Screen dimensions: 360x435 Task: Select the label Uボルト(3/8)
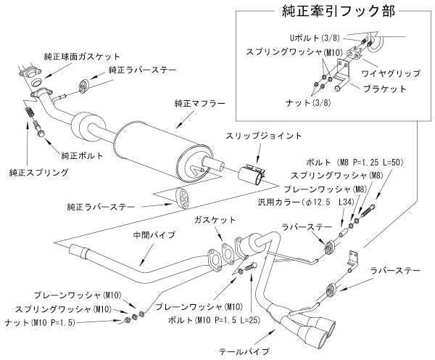pos(308,36)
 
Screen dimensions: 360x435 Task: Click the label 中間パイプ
pos(132,234)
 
